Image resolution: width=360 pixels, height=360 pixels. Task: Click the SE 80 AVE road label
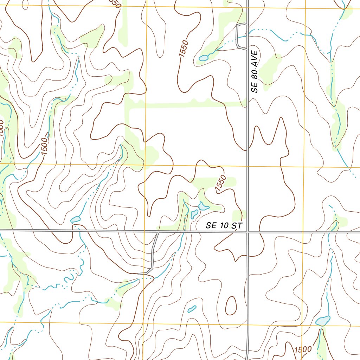pyautogui.click(x=255, y=72)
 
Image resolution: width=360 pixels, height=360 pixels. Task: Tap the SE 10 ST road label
pyautogui.click(x=224, y=226)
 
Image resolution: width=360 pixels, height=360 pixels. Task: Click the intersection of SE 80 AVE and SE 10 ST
pyautogui.click(x=248, y=232)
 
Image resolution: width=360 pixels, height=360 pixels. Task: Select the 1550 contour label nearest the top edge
pyautogui.click(x=184, y=49)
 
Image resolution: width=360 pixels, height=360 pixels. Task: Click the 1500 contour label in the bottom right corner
pyautogui.click(x=303, y=349)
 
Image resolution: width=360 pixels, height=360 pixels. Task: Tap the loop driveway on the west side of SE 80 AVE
pyautogui.click(x=241, y=36)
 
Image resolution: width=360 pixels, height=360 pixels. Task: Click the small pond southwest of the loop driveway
pyautogui.click(x=204, y=58)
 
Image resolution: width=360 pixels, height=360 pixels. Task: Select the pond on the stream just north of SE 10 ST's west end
pyautogui.click(x=76, y=220)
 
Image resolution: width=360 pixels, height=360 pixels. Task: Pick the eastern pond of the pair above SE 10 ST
pyautogui.click(x=203, y=206)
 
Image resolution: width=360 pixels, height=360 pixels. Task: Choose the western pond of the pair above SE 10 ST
pyautogui.click(x=194, y=214)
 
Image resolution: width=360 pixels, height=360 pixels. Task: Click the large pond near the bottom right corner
pyautogui.click(x=323, y=321)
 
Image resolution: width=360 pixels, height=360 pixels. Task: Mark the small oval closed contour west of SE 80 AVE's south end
pyautogui.click(x=231, y=306)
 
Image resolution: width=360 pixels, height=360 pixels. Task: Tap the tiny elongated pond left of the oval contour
pyautogui.click(x=192, y=309)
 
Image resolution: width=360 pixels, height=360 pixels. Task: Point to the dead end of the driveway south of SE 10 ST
pyautogui.click(x=139, y=274)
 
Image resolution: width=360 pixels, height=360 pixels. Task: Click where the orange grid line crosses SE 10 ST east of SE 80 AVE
pyautogui.click(x=304, y=232)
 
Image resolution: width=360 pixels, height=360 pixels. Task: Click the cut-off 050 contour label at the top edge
pyautogui.click(x=115, y=4)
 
